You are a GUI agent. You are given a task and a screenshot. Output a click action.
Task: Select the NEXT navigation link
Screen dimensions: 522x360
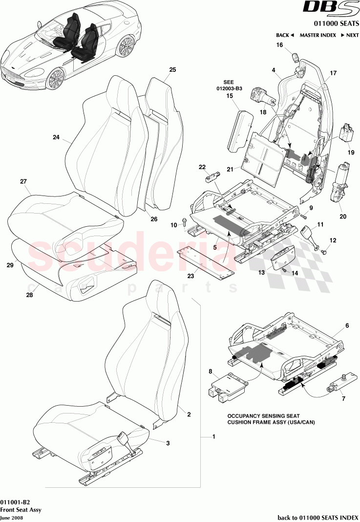click(350, 35)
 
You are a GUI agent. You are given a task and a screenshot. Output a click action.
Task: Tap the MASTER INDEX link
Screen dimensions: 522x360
click(317, 35)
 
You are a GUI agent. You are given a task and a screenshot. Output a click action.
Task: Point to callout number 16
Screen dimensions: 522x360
click(280, 45)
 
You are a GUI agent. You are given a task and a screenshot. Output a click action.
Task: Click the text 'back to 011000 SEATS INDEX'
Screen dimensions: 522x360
click(318, 517)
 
